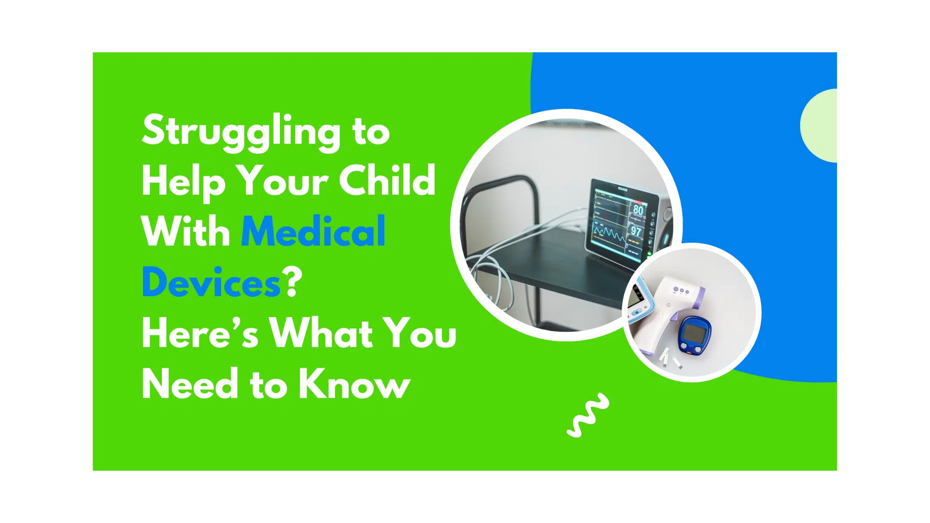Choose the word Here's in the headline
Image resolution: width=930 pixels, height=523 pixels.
(x=200, y=332)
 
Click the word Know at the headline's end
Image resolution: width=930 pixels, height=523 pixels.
(x=355, y=383)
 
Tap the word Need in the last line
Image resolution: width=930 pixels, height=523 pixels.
(x=190, y=383)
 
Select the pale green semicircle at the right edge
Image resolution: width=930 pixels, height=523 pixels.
(x=819, y=125)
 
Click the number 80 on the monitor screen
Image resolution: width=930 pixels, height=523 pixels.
(x=638, y=210)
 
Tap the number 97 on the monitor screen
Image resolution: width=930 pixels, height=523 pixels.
(x=636, y=231)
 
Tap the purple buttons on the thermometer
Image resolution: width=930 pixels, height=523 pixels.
(x=681, y=290)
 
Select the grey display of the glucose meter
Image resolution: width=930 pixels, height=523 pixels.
(x=693, y=332)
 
